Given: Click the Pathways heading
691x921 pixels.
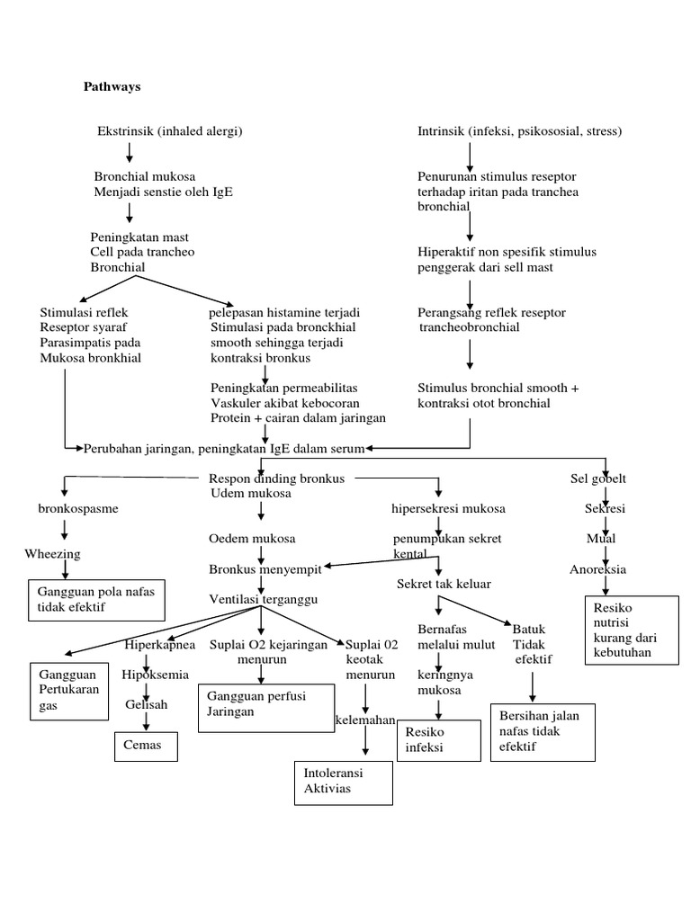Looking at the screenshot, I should point(112,87).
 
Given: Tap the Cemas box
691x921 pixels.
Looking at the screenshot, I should point(145,746).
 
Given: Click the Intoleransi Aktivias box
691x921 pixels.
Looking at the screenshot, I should point(344,781).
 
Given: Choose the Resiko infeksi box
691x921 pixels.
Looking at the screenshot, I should point(437,739).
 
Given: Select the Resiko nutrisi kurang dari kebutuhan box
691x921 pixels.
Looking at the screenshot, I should point(631,630).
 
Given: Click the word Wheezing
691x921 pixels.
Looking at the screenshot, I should point(53,554).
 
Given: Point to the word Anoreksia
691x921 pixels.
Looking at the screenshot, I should point(598,569).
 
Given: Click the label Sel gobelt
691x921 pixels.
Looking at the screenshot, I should point(598,478).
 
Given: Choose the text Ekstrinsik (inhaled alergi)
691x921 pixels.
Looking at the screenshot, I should point(170,132).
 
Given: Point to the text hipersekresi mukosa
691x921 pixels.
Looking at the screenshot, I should point(448,509).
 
